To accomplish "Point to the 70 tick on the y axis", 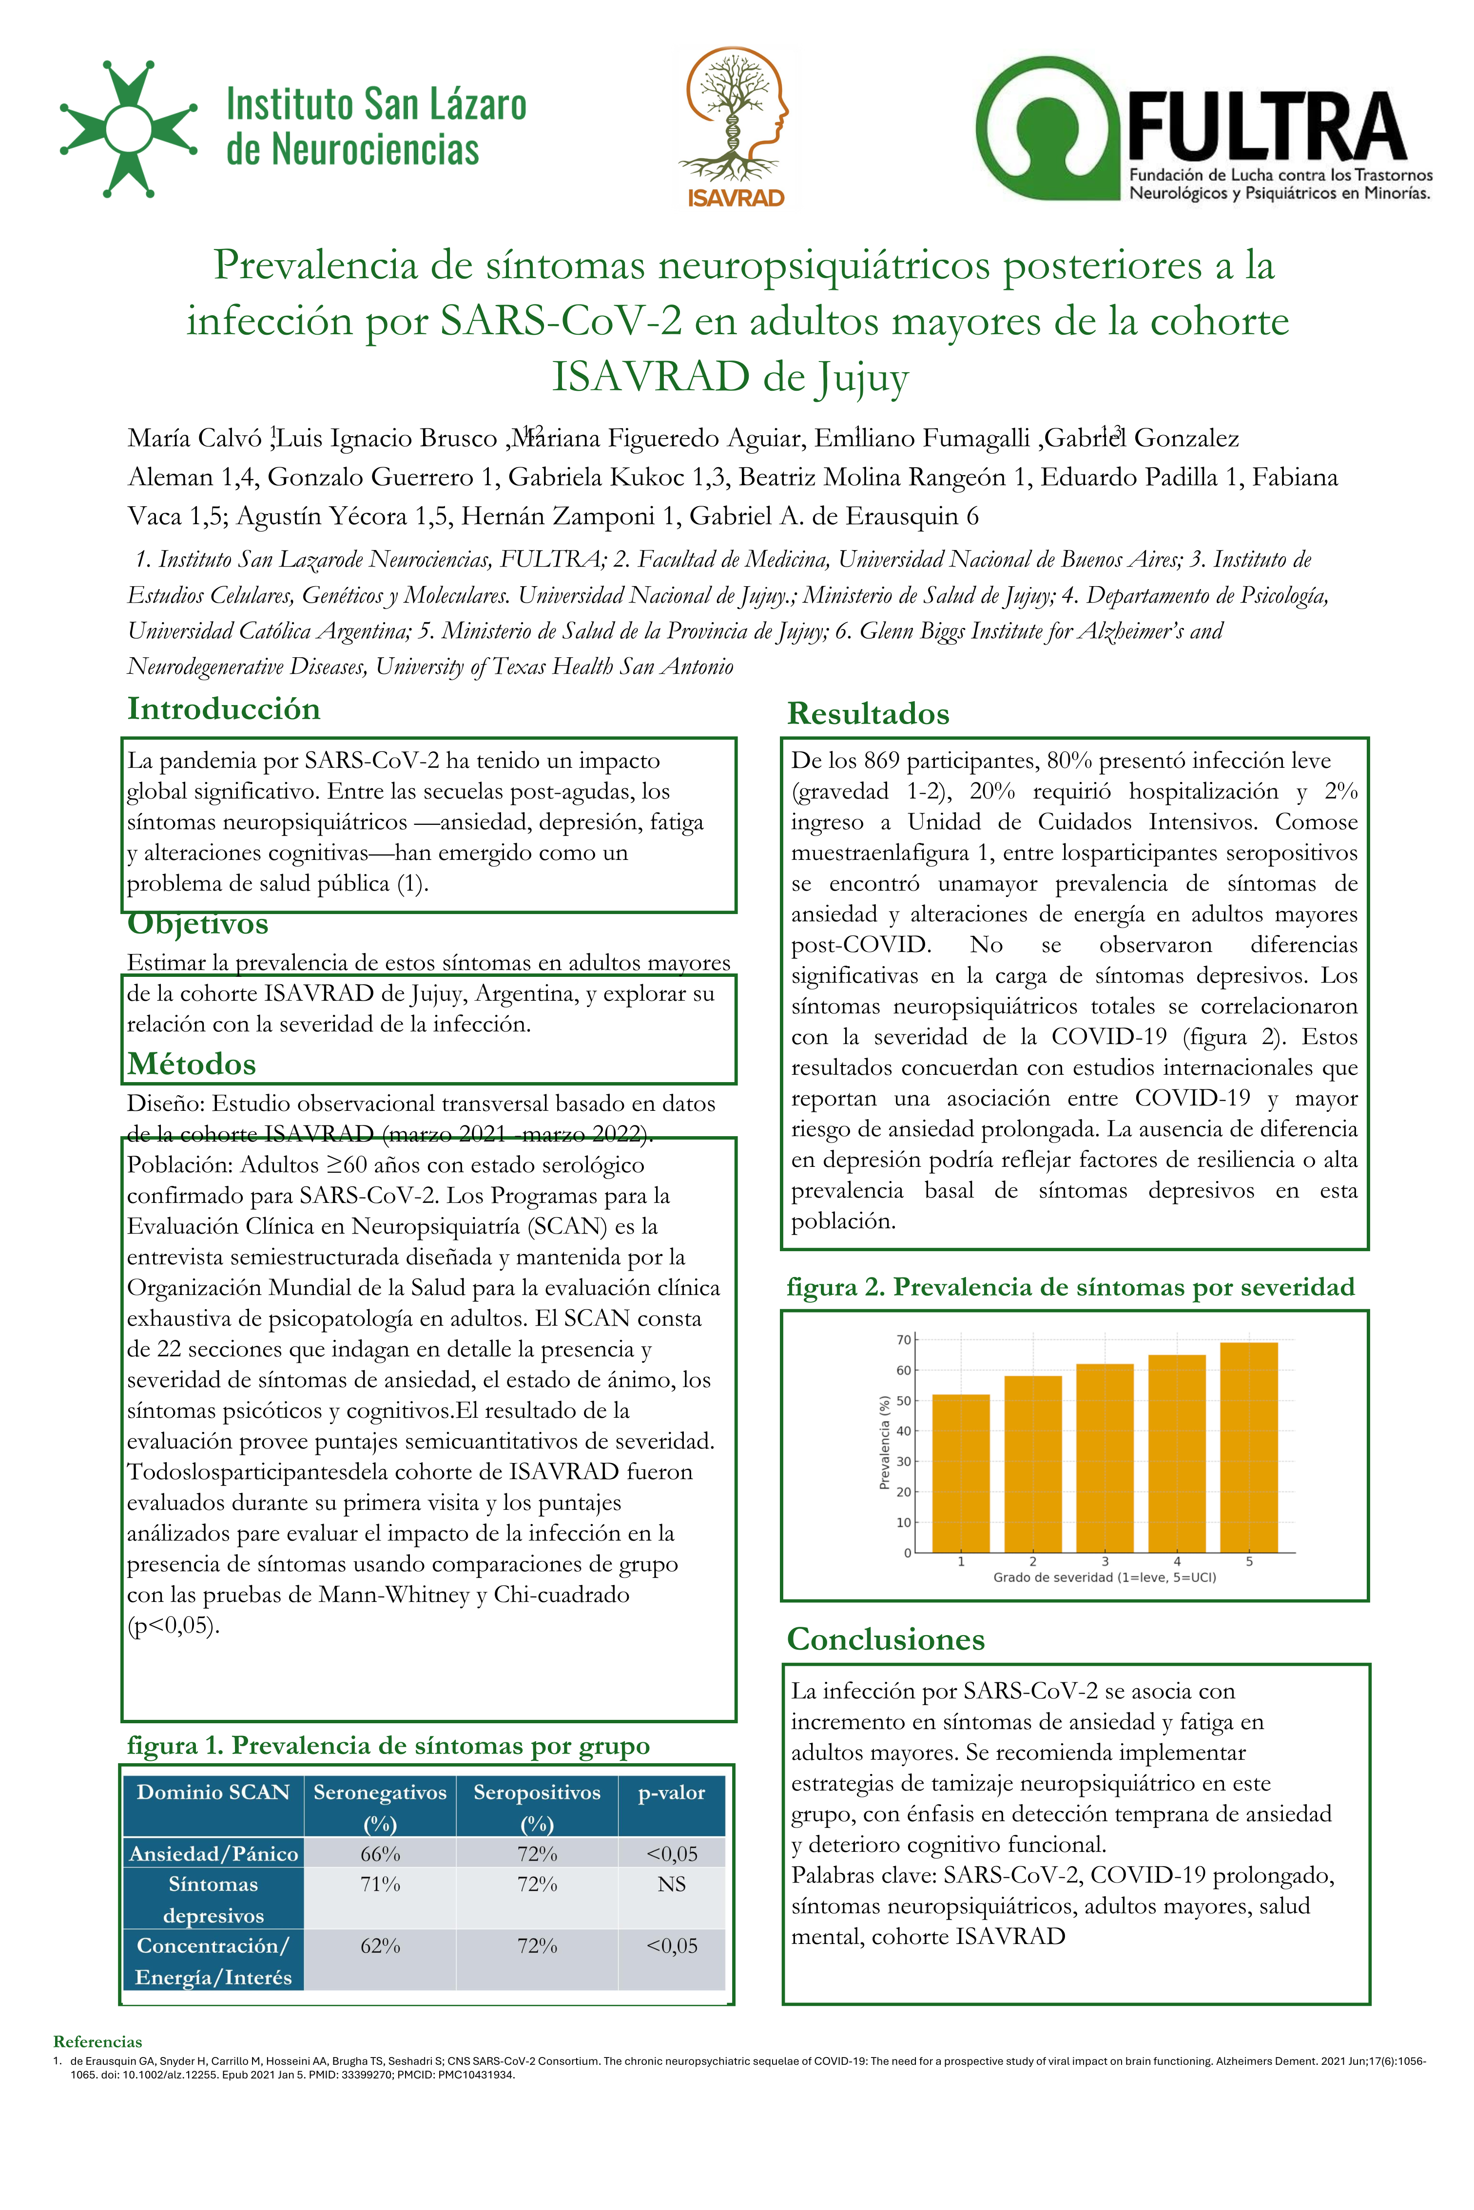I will point(903,1340).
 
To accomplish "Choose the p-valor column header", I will point(671,1793).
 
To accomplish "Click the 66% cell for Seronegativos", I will point(381,1854).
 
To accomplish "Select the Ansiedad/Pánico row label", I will point(213,1854).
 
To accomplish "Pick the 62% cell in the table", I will point(381,1946).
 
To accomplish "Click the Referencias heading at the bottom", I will point(98,2042).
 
